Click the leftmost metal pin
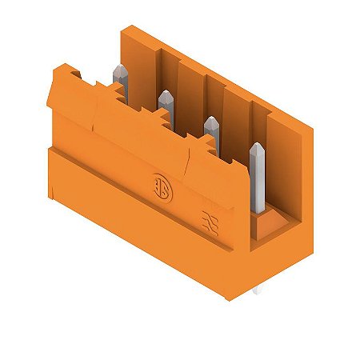coord(121,77)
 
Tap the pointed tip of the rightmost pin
coord(258,146)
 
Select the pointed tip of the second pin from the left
coord(166,94)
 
